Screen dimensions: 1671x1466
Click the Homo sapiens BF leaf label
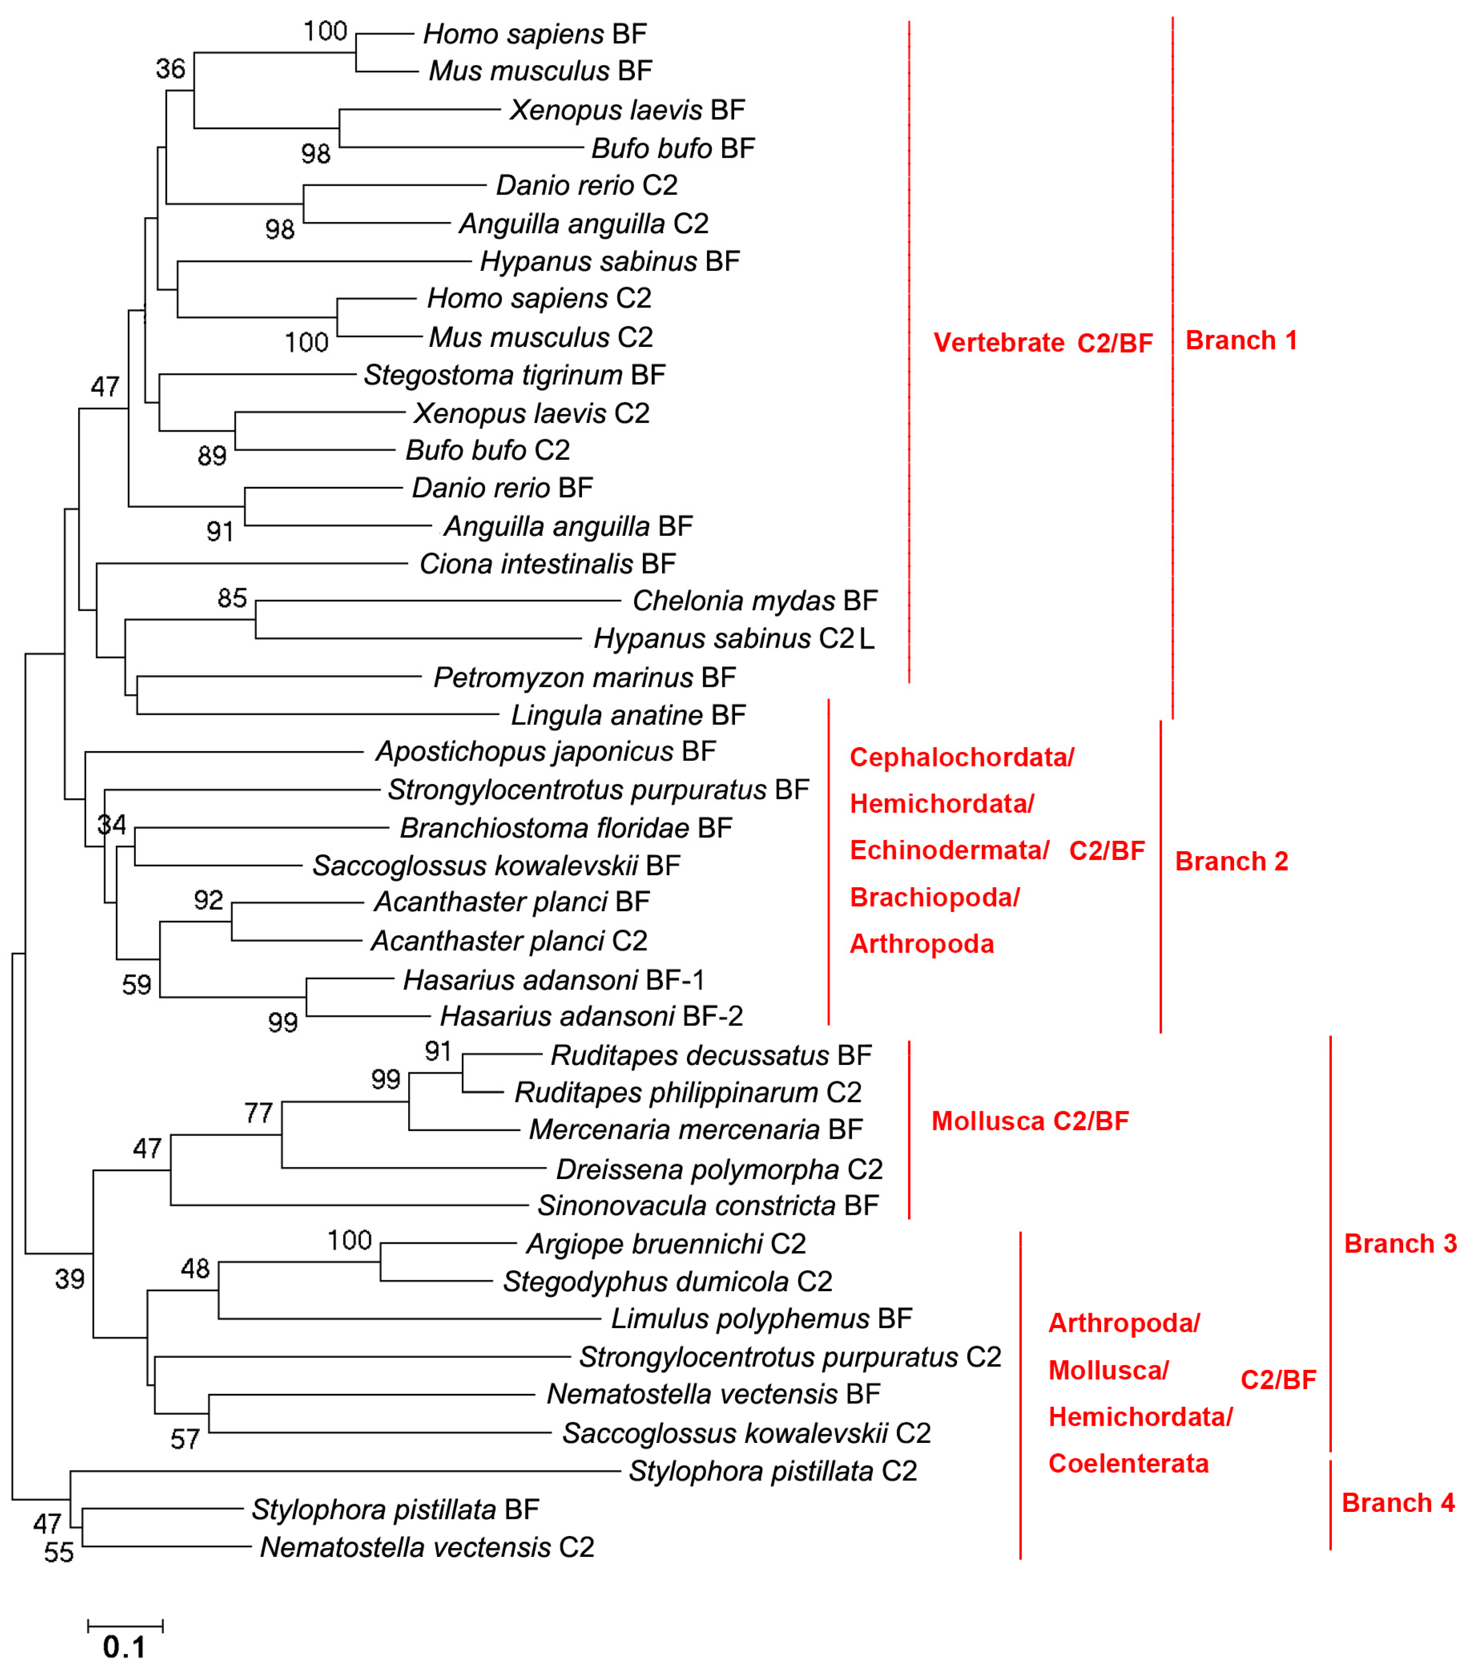click(x=535, y=35)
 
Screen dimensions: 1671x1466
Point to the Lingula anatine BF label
click(x=628, y=715)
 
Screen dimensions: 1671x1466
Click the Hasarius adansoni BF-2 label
click(x=591, y=1016)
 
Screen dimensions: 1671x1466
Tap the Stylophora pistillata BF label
click(x=395, y=1509)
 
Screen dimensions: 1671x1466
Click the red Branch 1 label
click(x=1241, y=340)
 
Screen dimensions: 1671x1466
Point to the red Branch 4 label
click(x=1398, y=1503)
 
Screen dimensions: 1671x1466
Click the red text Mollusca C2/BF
click(x=1029, y=1121)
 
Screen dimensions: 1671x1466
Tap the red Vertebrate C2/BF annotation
click(x=1043, y=343)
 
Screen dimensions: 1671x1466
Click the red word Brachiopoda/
click(x=935, y=898)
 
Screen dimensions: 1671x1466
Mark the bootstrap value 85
click(x=232, y=598)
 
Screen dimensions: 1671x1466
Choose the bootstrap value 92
click(x=208, y=900)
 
